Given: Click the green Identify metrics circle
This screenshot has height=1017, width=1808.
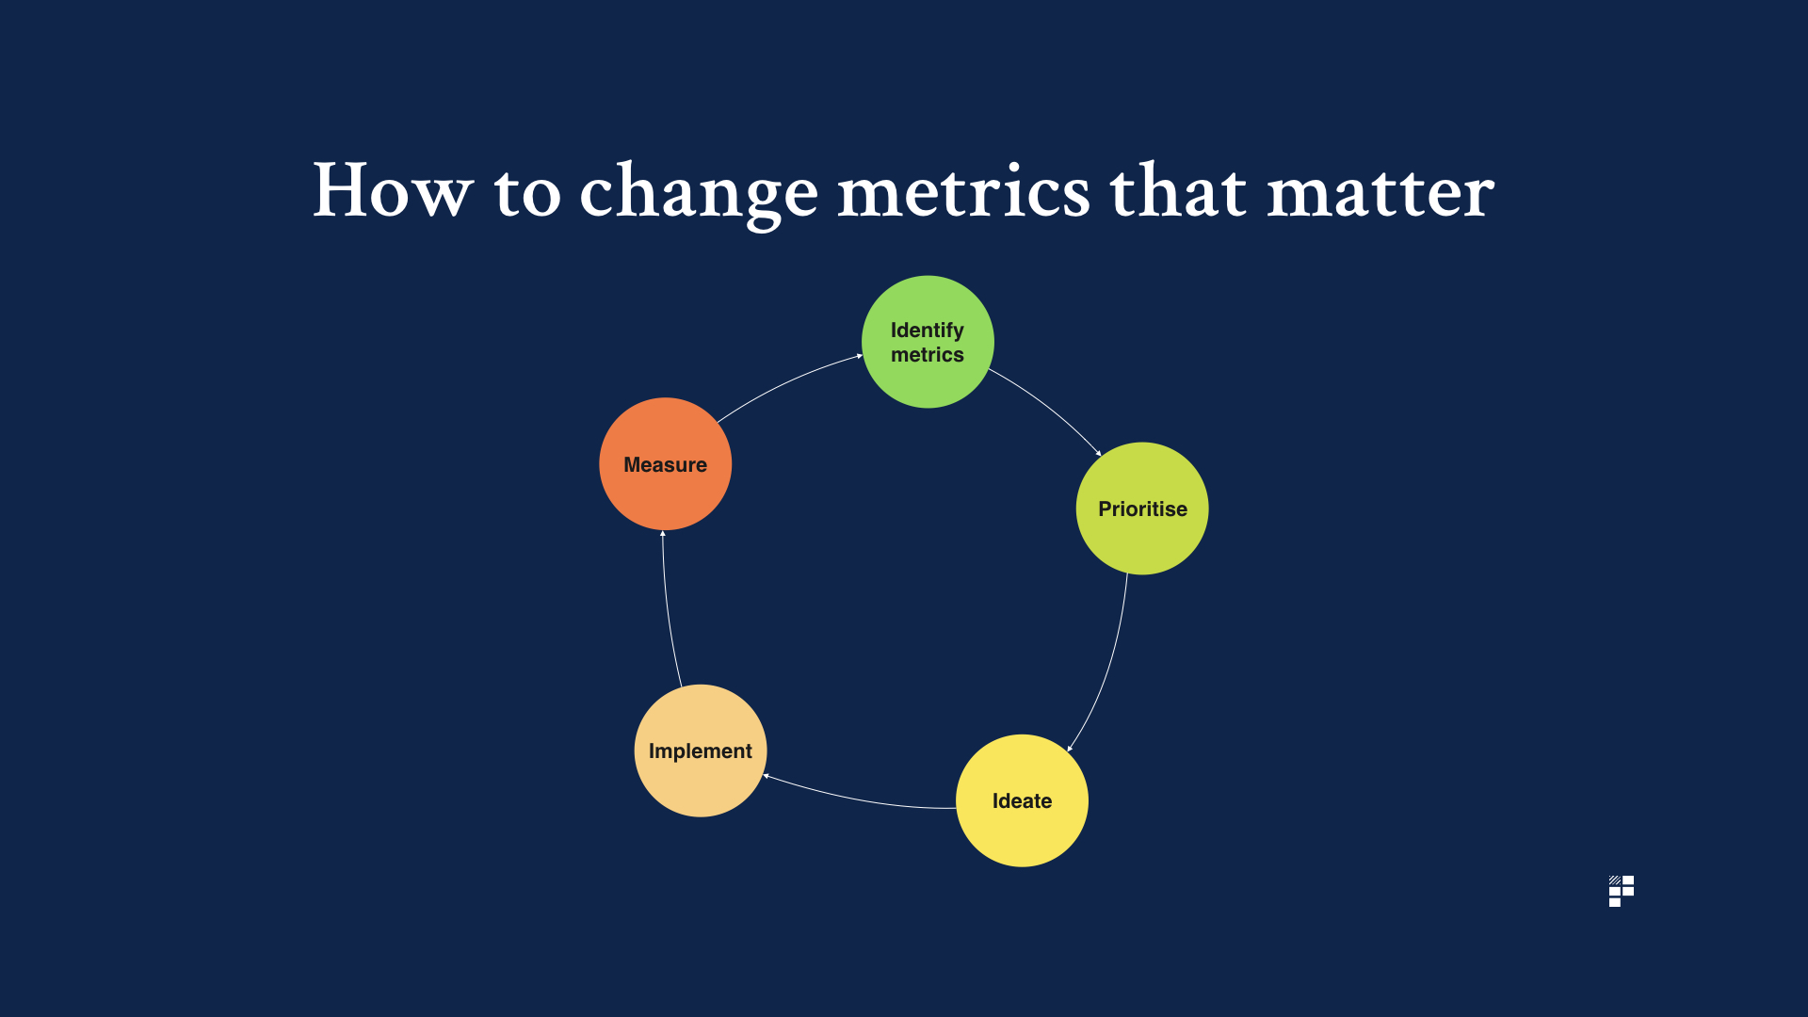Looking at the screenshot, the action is (x=928, y=342).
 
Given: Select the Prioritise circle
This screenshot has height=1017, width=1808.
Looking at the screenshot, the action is (x=1142, y=508).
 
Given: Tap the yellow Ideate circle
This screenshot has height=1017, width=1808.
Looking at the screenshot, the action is (x=1022, y=800).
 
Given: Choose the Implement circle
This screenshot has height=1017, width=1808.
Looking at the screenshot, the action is (x=701, y=751).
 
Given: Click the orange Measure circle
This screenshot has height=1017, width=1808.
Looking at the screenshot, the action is (x=666, y=464).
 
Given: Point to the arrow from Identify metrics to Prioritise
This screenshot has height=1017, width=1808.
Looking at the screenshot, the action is (x=1051, y=406).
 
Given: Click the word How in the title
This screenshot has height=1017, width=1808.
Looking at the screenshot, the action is (x=393, y=190).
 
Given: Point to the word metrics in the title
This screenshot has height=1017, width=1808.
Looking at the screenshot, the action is (x=963, y=191).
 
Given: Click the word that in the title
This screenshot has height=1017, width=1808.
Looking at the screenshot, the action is (x=1179, y=190).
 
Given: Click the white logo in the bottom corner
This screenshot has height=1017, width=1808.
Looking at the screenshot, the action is (x=1622, y=891).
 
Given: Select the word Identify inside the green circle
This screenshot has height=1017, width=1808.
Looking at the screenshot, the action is (x=928, y=331).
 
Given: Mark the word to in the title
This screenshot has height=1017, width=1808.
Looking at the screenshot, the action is (x=527, y=193).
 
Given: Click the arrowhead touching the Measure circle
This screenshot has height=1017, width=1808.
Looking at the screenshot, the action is (x=663, y=534).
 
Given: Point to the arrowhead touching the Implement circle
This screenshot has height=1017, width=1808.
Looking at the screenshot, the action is (x=767, y=776).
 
